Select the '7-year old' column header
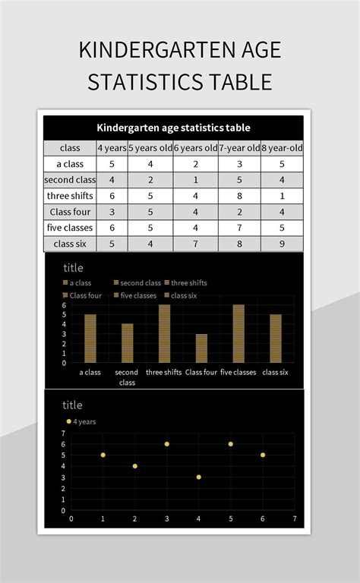(238, 147)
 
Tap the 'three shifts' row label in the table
(70, 196)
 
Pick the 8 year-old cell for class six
(282, 244)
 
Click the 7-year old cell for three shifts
(238, 196)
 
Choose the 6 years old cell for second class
(196, 180)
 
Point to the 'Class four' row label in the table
(70, 212)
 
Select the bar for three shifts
(164, 333)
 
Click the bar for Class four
(201, 348)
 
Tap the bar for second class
(127, 343)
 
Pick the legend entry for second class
(138, 283)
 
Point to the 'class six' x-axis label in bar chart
(275, 373)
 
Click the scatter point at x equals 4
(198, 477)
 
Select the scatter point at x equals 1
(103, 455)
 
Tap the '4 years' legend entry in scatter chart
(84, 421)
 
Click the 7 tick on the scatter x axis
(294, 518)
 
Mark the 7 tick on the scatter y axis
(63, 433)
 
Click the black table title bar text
(173, 128)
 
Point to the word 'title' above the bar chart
(74, 267)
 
